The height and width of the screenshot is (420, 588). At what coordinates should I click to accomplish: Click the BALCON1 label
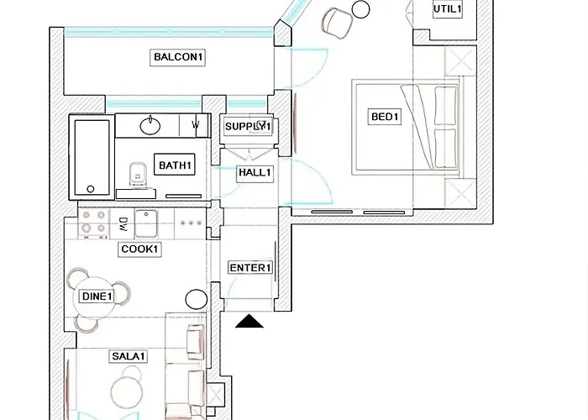[179, 58]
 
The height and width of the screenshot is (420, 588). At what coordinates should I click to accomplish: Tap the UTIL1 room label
[447, 9]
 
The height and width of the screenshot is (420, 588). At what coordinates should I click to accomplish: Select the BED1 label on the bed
[386, 118]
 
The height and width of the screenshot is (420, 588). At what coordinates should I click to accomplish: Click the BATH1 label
[176, 165]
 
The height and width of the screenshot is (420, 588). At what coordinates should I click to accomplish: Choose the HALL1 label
[255, 173]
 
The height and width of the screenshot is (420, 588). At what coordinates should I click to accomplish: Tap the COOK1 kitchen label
[139, 249]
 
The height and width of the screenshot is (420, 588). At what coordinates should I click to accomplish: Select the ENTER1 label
[250, 268]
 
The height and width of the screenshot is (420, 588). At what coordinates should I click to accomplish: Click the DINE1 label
[97, 297]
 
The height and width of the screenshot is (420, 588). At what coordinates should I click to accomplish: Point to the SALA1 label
[129, 357]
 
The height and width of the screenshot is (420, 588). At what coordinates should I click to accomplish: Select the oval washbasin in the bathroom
[151, 127]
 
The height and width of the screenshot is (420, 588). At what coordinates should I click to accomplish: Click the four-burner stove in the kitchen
[92, 223]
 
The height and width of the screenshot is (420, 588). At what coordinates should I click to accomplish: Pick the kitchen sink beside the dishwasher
[148, 223]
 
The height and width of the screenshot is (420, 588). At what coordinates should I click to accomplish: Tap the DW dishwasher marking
[123, 223]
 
